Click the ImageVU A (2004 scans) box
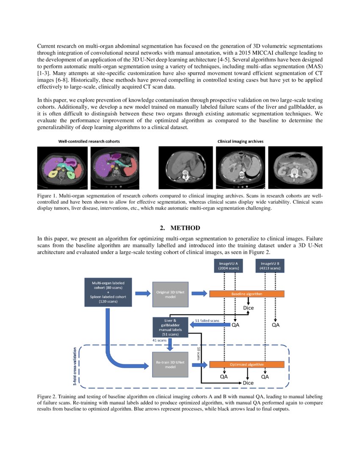(228, 266)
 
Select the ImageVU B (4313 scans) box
(270, 266)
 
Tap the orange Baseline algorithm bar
(247, 294)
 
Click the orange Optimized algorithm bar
(247, 364)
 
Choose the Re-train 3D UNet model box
(169, 364)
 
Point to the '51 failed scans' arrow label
(207, 321)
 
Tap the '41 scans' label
(159, 340)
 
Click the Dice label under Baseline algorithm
(248, 308)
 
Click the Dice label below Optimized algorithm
(248, 383)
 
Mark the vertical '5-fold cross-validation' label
(75, 367)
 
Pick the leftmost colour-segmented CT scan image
(63, 167)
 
